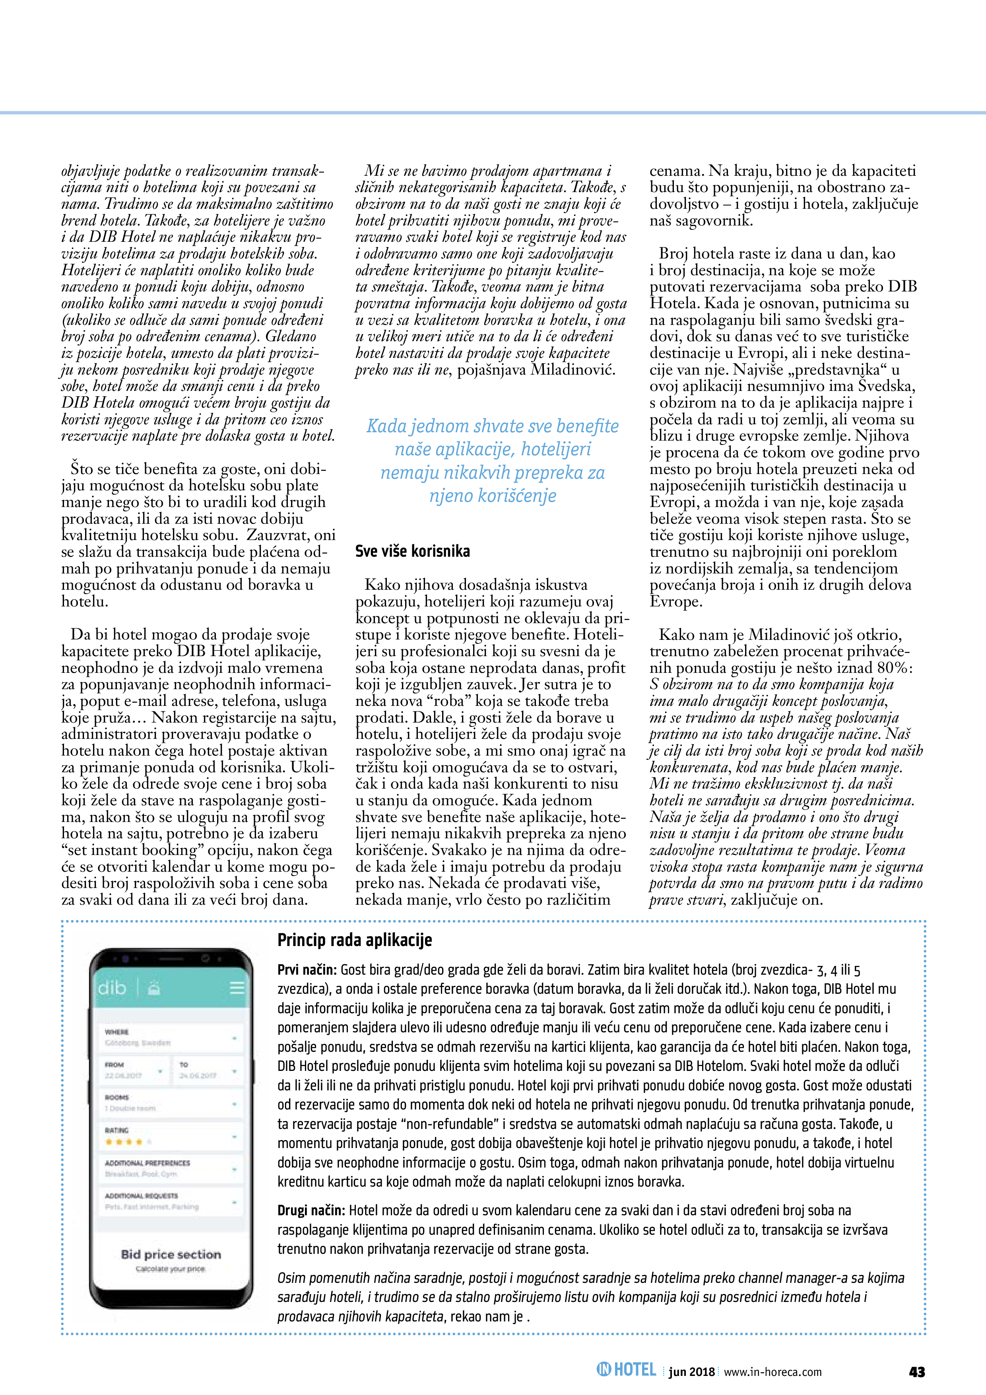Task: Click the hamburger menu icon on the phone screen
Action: tap(237, 987)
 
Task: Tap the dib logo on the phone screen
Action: tap(113, 988)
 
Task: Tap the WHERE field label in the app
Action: tap(116, 1032)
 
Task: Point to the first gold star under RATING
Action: tap(109, 1142)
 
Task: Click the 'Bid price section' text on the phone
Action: tap(171, 1254)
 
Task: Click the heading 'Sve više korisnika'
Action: tap(413, 551)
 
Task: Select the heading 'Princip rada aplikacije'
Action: tap(355, 940)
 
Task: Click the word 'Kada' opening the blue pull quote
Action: tap(387, 426)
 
